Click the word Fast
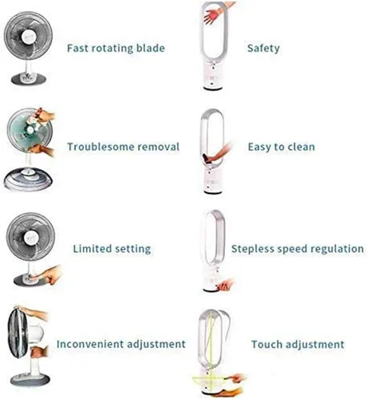(x=77, y=48)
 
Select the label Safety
(x=263, y=49)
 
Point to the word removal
(x=159, y=147)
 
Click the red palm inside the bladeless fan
(x=212, y=15)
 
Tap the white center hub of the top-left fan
(x=29, y=37)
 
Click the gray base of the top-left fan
(x=29, y=79)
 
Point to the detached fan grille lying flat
(x=28, y=179)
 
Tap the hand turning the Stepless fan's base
(x=225, y=284)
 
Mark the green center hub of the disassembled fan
(x=30, y=130)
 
